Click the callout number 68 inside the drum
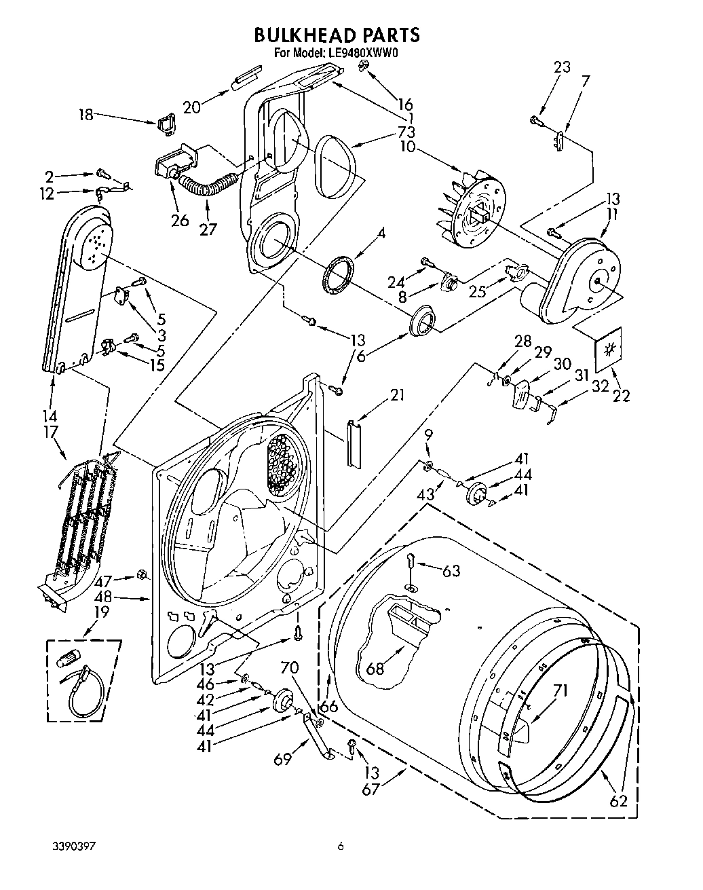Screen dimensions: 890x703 click(x=375, y=668)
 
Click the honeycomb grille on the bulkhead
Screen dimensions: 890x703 click(x=283, y=464)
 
